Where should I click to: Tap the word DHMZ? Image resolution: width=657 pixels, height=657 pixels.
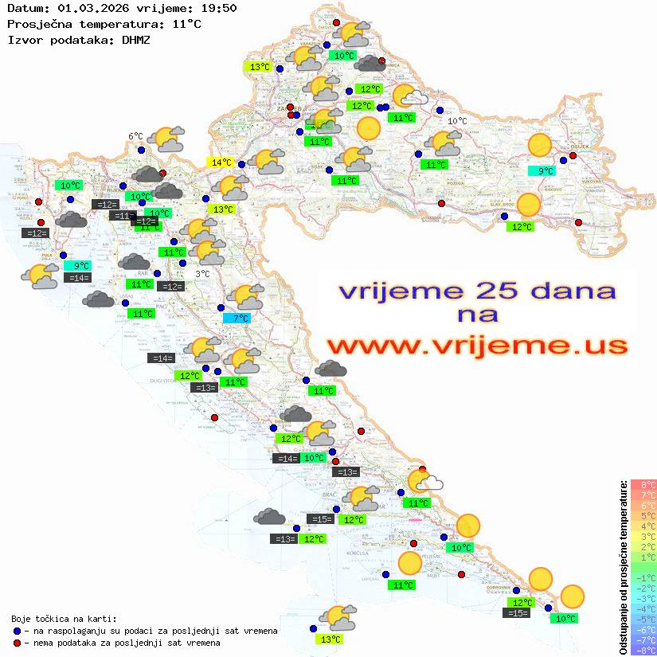click(x=136, y=39)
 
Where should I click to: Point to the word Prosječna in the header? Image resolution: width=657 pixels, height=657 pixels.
click(x=37, y=24)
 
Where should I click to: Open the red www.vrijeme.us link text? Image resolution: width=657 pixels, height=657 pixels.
click(x=475, y=346)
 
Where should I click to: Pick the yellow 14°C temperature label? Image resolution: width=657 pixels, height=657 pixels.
click(x=220, y=162)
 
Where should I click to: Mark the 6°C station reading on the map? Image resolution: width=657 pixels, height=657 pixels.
click(x=135, y=136)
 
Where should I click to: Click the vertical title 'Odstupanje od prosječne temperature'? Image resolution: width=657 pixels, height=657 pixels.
click(x=624, y=567)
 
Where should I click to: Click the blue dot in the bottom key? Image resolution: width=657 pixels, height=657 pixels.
click(x=17, y=631)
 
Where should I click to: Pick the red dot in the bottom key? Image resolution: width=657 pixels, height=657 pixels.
click(x=17, y=643)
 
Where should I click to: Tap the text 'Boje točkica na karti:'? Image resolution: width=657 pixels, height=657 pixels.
click(x=64, y=619)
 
